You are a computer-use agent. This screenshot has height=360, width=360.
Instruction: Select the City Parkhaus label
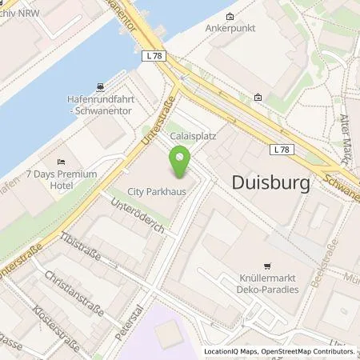click(x=156, y=192)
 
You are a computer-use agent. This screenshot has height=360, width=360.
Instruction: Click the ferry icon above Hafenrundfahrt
click(x=98, y=86)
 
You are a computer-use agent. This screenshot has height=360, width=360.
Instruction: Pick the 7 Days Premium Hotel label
click(x=61, y=179)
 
